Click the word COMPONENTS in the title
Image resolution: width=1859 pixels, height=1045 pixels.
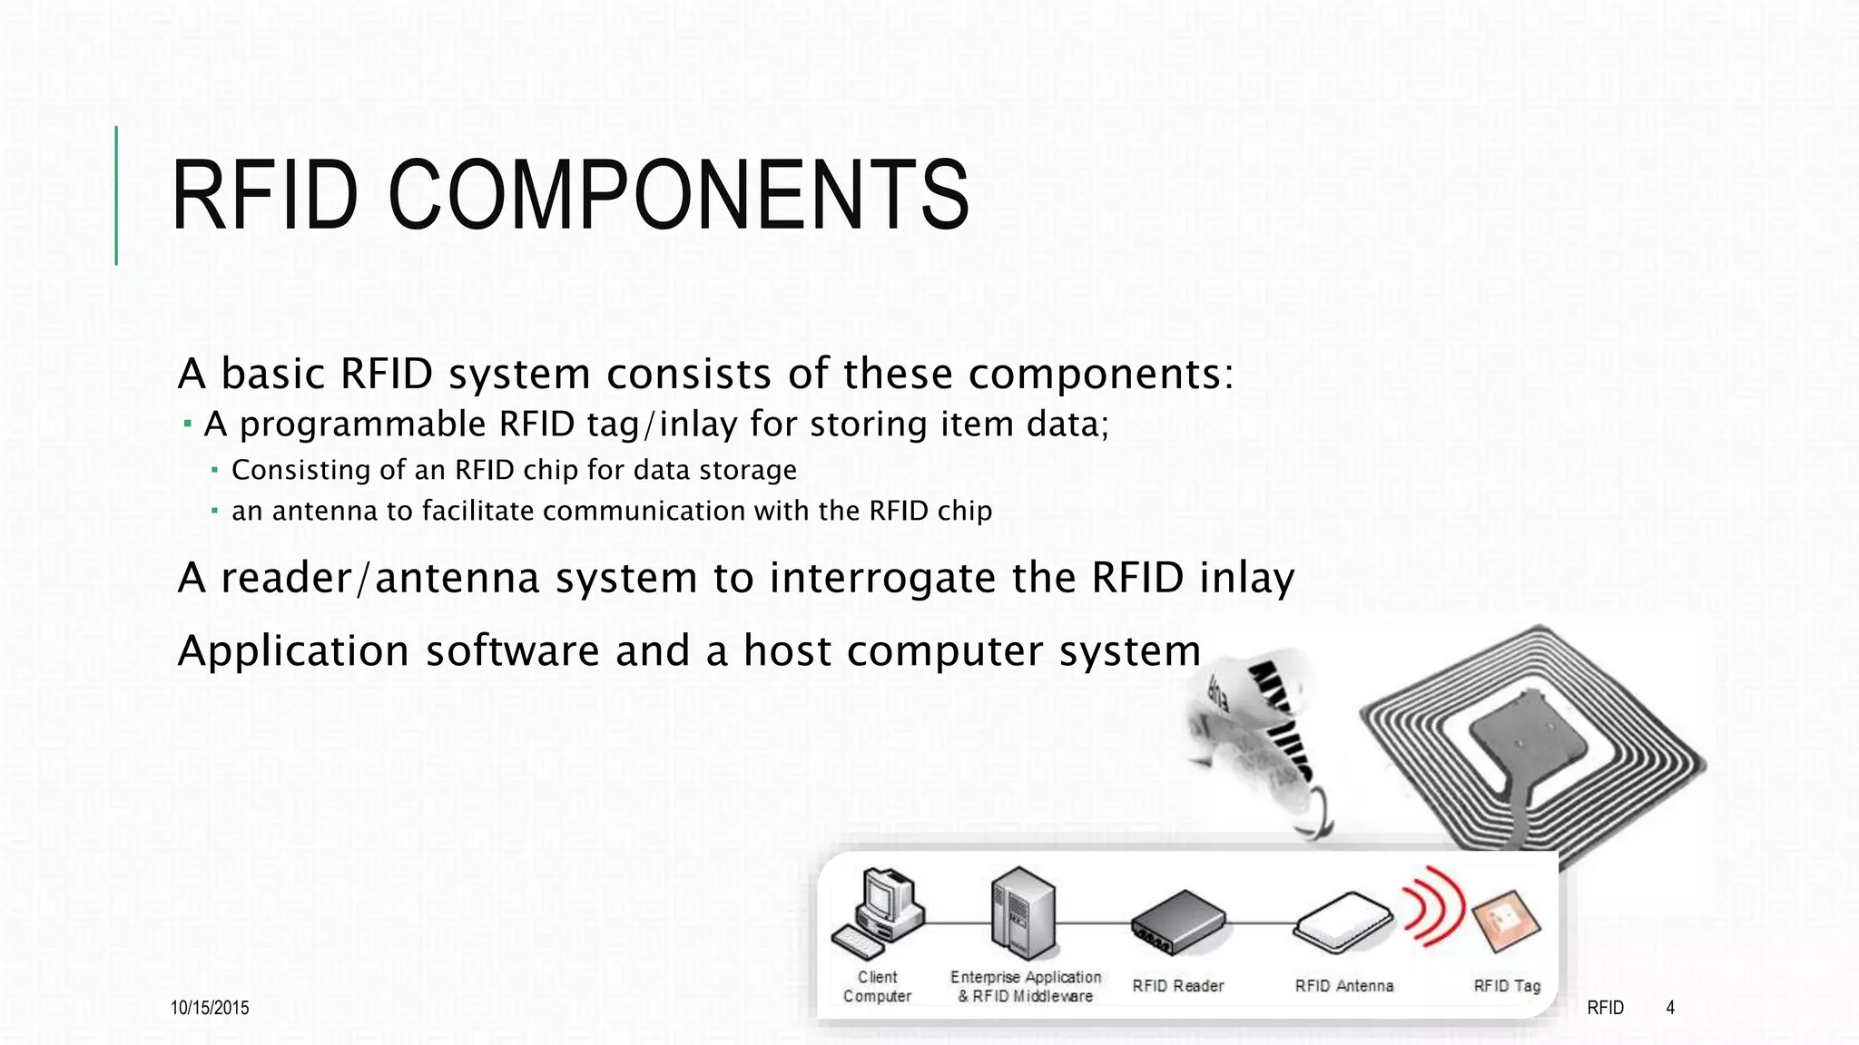click(x=679, y=195)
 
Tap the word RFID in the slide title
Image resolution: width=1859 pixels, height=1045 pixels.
click(x=264, y=195)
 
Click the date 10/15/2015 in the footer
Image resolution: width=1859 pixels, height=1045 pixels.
click(x=210, y=1008)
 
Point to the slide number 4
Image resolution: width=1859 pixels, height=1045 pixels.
click(x=1670, y=1008)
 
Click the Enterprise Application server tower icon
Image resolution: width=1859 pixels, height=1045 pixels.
click(x=1024, y=913)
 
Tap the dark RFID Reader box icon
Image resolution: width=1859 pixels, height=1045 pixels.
click(x=1178, y=922)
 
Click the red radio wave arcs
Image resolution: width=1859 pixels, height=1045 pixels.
click(x=1434, y=905)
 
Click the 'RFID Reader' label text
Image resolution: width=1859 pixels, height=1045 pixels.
click(x=1178, y=986)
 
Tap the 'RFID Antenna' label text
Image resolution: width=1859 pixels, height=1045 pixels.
click(x=1343, y=986)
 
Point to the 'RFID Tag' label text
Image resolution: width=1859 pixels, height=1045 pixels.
click(x=1507, y=986)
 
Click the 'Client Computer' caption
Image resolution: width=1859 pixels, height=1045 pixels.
click(x=877, y=987)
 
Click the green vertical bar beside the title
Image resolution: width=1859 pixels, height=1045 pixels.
click(x=116, y=195)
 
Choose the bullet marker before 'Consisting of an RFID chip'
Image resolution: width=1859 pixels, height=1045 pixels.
click(x=215, y=470)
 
